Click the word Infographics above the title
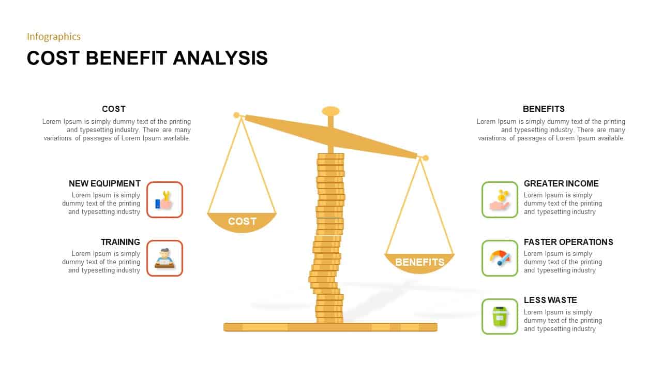click(54, 36)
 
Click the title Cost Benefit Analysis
click(147, 58)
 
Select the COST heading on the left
click(114, 109)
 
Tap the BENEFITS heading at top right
click(544, 109)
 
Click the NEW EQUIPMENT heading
click(104, 183)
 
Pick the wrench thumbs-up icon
click(164, 199)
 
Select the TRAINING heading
click(121, 242)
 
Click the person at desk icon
click(164, 258)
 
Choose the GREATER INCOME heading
click(561, 183)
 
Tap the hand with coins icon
click(500, 199)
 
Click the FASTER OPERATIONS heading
click(568, 242)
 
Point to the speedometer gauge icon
click(500, 258)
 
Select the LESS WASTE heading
click(550, 300)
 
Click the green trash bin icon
click(500, 317)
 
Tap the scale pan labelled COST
click(242, 222)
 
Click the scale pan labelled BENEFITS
click(419, 262)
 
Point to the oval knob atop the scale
click(330, 111)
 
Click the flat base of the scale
click(330, 327)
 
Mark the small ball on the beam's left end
click(236, 115)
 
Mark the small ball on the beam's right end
click(426, 157)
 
